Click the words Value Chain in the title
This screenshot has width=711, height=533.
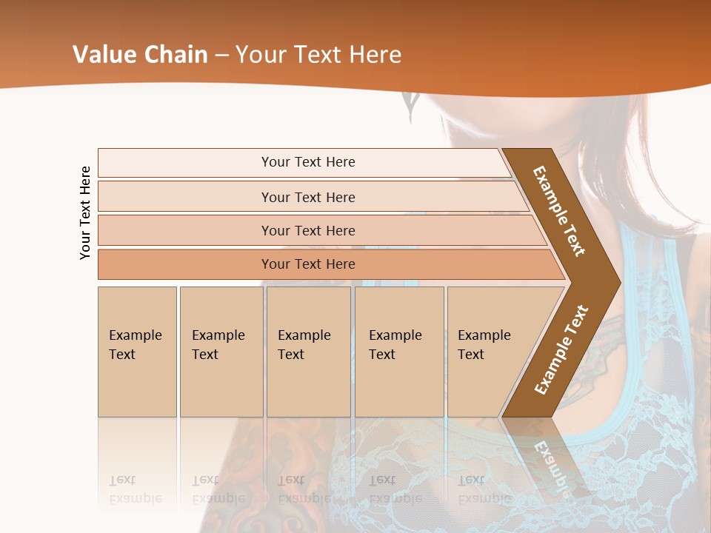pos(140,55)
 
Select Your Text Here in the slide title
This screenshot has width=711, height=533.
pos(318,55)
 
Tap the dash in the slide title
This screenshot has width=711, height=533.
pos(221,56)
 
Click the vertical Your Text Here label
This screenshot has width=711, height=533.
pos(85,212)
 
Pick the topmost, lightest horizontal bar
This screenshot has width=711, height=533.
pos(307,162)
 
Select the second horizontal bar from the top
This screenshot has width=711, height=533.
pos(307,197)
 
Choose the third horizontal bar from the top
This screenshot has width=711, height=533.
pos(307,230)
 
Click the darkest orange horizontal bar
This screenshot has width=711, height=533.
pos(307,264)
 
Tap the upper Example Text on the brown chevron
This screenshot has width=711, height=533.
pos(559,210)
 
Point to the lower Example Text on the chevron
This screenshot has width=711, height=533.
pos(561,349)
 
